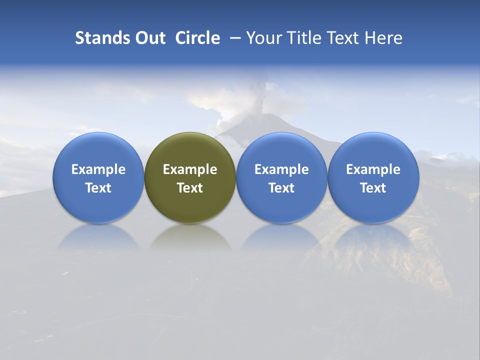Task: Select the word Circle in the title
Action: [x=197, y=38]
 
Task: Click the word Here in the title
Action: [x=383, y=38]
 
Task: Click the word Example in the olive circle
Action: [x=190, y=169]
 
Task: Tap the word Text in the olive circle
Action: [x=190, y=188]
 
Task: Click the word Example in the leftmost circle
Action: [x=98, y=169]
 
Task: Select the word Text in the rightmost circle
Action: [x=373, y=188]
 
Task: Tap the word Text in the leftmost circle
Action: [x=98, y=188]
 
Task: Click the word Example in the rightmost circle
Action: [x=373, y=169]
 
